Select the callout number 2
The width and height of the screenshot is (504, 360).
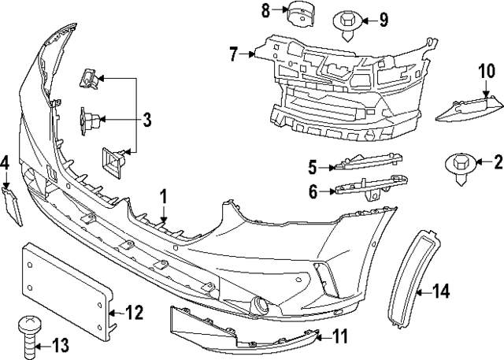click(x=497, y=163)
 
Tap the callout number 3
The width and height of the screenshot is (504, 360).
click(x=147, y=121)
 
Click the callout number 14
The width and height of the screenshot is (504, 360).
click(x=441, y=292)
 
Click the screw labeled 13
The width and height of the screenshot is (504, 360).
click(x=28, y=333)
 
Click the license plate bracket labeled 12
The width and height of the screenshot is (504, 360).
click(x=67, y=278)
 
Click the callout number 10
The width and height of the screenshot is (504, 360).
click(x=485, y=74)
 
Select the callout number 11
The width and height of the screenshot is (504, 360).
click(x=339, y=336)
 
